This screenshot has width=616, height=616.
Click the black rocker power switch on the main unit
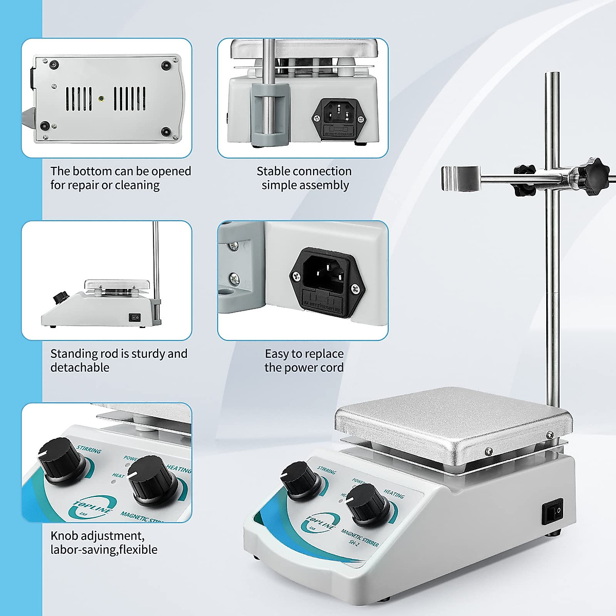[552, 511]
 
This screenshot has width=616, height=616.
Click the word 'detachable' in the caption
[80, 368]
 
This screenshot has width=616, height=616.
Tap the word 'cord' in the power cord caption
[331, 368]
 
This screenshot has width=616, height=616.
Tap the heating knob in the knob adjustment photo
[151, 480]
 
